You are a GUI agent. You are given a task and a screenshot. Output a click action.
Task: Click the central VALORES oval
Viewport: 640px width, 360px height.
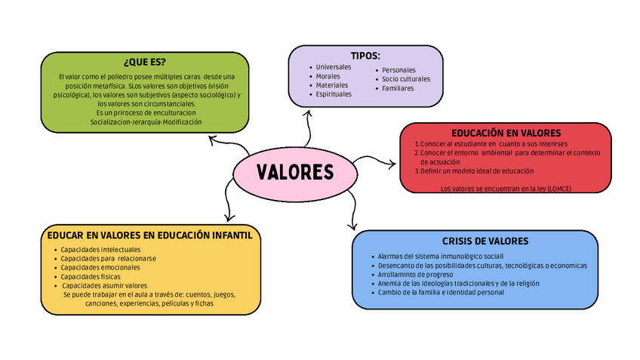coord(295,173)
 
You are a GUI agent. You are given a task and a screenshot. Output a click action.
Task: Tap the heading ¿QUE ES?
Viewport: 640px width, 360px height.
coord(144,62)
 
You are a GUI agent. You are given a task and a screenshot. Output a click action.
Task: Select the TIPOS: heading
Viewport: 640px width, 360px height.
coord(365,56)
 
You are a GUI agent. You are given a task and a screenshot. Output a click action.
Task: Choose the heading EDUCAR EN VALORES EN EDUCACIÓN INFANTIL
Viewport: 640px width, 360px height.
coord(149,235)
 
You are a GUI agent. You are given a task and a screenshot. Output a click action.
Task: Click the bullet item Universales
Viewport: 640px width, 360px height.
coord(334,67)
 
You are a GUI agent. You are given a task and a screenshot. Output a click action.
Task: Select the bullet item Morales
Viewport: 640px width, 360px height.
coord(328,76)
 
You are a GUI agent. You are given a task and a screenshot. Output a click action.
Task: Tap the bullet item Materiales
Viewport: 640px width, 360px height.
coord(331,85)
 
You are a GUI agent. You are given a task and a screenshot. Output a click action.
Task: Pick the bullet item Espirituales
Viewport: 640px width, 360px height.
coord(334,94)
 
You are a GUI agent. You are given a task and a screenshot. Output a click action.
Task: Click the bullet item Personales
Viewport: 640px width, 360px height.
coord(398,70)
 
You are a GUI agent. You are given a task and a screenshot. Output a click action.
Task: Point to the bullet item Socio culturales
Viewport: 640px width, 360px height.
coord(406,79)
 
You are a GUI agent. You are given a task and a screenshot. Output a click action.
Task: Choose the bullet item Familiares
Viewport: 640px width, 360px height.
coord(398,88)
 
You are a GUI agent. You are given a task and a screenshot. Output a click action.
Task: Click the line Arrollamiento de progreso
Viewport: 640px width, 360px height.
coord(416,275)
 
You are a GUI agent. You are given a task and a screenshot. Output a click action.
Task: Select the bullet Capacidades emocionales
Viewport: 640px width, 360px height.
coord(100,267)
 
